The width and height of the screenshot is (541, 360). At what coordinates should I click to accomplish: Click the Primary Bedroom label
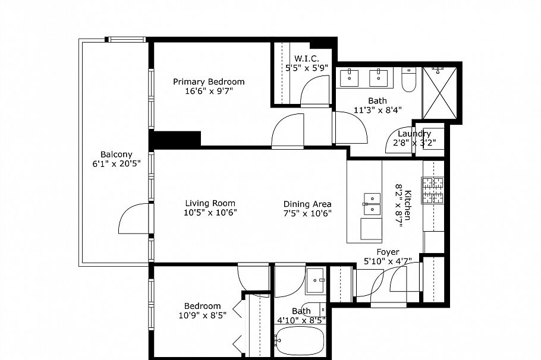tap(209, 82)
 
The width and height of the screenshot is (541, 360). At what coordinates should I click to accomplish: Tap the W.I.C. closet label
tap(306, 58)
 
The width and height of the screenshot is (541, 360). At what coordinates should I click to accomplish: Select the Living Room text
tap(209, 203)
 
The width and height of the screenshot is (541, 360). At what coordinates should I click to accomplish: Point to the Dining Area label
tap(307, 204)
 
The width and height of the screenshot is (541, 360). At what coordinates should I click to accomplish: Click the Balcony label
tap(116, 154)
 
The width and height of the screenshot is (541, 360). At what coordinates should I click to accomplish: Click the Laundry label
tap(414, 134)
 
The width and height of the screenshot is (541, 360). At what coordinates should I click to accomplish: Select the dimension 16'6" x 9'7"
tap(209, 91)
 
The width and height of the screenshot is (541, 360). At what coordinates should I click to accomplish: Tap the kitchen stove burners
tap(433, 191)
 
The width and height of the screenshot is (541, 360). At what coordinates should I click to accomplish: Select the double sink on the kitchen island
tap(372, 203)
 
